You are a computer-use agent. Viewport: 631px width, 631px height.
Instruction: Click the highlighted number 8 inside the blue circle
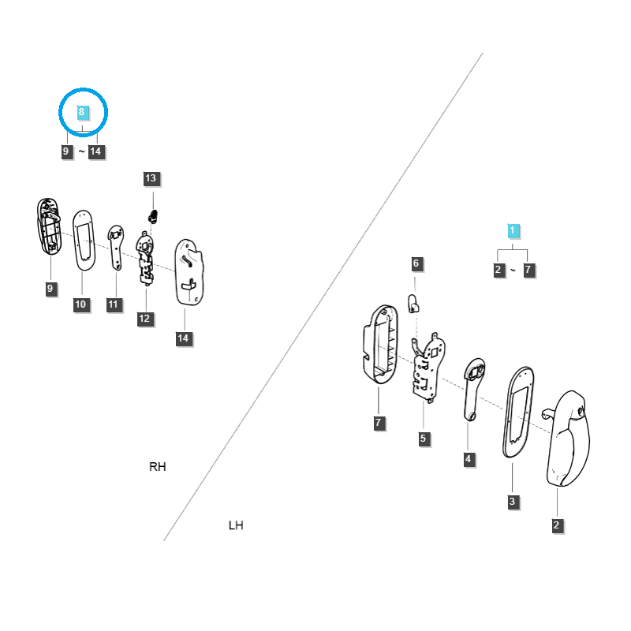tap(81, 113)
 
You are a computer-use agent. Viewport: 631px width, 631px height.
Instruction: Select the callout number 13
tap(151, 179)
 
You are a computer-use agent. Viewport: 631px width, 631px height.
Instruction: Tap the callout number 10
tap(81, 304)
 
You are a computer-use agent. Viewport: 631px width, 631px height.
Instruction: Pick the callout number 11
tap(114, 304)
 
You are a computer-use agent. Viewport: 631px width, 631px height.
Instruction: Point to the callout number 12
tap(144, 319)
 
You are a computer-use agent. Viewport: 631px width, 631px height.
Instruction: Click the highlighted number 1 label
tap(513, 231)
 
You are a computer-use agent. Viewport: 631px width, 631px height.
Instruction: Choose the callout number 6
tap(416, 263)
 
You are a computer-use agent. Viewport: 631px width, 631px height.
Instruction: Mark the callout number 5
tap(424, 439)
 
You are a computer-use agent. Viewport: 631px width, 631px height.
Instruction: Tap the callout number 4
tap(469, 459)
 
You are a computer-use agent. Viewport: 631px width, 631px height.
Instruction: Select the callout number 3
tap(512, 502)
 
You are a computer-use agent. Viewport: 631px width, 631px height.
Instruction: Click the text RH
tap(158, 467)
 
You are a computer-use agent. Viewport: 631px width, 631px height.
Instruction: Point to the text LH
tap(235, 525)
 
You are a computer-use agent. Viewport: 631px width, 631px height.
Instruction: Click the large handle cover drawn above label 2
tap(572, 438)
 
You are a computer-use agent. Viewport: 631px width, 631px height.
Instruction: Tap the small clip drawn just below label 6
tap(412, 302)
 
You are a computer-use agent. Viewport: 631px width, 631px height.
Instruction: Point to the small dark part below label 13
tap(155, 215)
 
